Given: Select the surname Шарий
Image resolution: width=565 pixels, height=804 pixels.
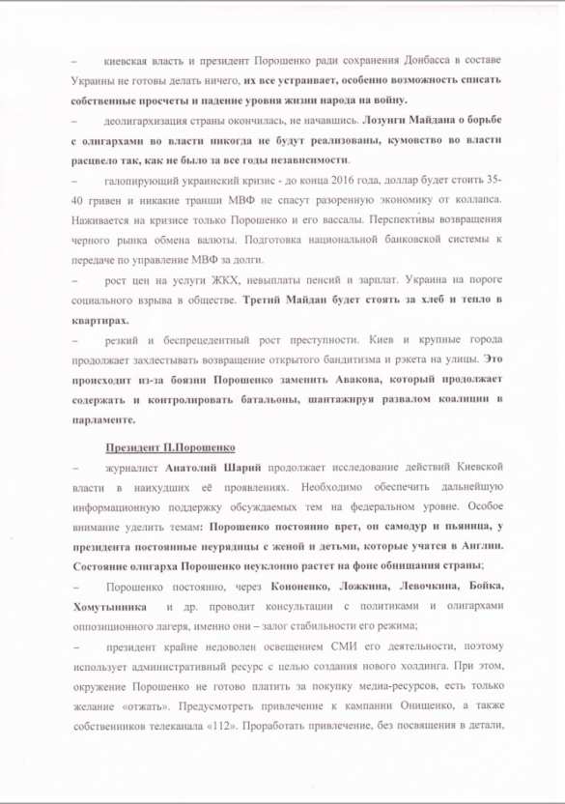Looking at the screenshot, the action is [x=244, y=468].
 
